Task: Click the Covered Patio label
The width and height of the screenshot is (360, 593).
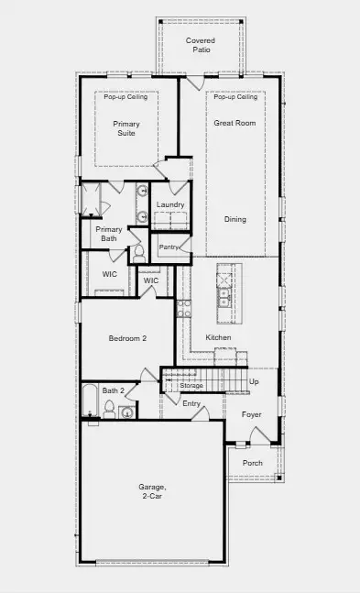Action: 199,45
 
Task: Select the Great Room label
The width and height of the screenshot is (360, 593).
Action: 235,122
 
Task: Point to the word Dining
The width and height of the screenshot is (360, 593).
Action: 235,219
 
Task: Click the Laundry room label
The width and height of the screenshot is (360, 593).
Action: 170,204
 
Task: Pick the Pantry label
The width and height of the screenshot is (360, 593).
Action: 169,247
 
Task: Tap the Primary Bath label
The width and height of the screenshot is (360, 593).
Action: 109,234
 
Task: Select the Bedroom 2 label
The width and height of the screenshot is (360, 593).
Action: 127,338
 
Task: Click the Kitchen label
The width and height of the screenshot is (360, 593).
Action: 218,338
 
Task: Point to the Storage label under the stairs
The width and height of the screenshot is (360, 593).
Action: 191,386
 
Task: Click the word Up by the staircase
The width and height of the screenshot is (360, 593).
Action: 254,381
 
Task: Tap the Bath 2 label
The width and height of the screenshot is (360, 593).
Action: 113,390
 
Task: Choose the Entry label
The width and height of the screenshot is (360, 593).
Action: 191,403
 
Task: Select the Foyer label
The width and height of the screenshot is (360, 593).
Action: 252,414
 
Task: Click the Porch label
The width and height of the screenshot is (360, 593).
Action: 252,463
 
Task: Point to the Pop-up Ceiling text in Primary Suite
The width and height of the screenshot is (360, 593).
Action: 125,97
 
